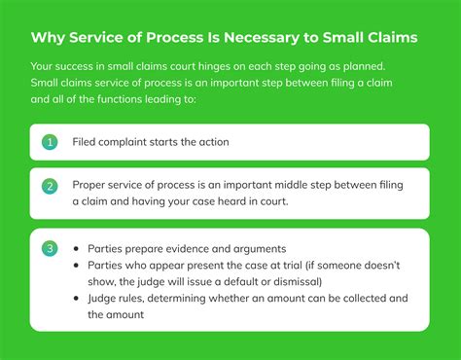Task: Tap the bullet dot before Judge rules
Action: (77, 298)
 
